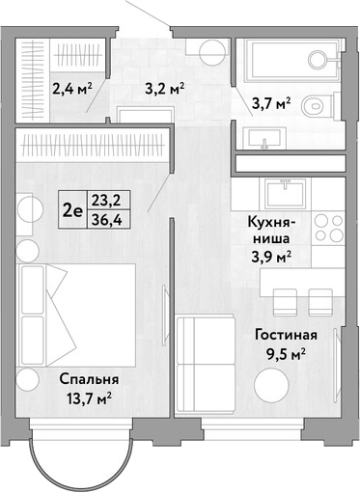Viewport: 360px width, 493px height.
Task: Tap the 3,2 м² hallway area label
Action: click(165, 88)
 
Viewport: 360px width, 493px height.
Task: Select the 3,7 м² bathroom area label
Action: click(272, 104)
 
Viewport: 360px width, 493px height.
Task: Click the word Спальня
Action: click(89, 379)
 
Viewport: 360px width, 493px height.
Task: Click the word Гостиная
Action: click(286, 335)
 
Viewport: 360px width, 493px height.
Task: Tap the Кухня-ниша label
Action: click(269, 231)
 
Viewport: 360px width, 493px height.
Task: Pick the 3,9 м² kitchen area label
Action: click(272, 257)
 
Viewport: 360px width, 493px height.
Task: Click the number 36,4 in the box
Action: click(106, 220)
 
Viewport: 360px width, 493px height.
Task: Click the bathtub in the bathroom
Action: click(291, 59)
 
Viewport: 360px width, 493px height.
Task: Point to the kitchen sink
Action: click(285, 194)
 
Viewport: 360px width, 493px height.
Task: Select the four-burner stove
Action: click(329, 229)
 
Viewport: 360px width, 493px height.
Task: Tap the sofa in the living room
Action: click(206, 365)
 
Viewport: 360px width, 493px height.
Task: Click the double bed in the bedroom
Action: click(77, 315)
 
